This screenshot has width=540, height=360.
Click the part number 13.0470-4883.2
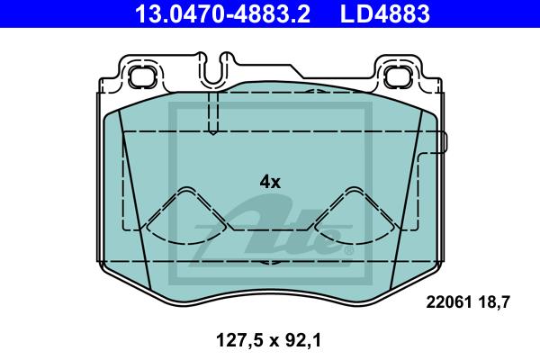click(x=222, y=13)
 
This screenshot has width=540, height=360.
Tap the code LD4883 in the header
click(x=385, y=13)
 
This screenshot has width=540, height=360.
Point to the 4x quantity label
click(x=270, y=182)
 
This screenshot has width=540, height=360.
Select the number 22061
click(x=449, y=302)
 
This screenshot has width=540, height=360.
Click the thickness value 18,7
click(x=493, y=302)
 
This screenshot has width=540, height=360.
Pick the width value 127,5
click(x=239, y=340)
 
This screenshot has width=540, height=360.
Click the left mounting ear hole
click(x=142, y=76)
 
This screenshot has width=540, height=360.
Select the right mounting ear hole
click(x=398, y=76)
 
